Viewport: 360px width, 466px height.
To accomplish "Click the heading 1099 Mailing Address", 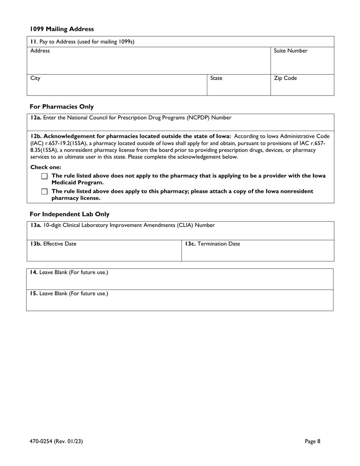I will [x=62, y=29].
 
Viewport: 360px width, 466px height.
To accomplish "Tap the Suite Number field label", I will [x=290, y=51].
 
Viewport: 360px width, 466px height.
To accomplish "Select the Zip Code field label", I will [x=285, y=78].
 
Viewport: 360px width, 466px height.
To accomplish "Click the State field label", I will [x=216, y=78].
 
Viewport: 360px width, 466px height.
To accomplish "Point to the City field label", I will [x=35, y=78].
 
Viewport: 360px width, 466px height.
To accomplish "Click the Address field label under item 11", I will [x=40, y=51].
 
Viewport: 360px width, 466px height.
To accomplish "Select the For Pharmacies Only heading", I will [x=61, y=106].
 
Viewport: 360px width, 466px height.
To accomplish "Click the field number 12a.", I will [x=36, y=117].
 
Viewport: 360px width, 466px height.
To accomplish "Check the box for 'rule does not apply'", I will [x=45, y=176].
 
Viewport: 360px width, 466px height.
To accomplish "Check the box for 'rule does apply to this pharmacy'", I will [x=45, y=192].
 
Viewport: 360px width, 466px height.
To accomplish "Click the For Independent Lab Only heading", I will [x=69, y=214].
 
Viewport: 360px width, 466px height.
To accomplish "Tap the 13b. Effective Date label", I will [x=53, y=244].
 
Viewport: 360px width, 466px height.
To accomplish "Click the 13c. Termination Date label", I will [x=212, y=244].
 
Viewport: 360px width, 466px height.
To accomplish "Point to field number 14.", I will [x=34, y=272].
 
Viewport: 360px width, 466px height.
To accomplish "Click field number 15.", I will [x=34, y=293].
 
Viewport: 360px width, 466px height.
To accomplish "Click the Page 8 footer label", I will [x=313, y=441].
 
